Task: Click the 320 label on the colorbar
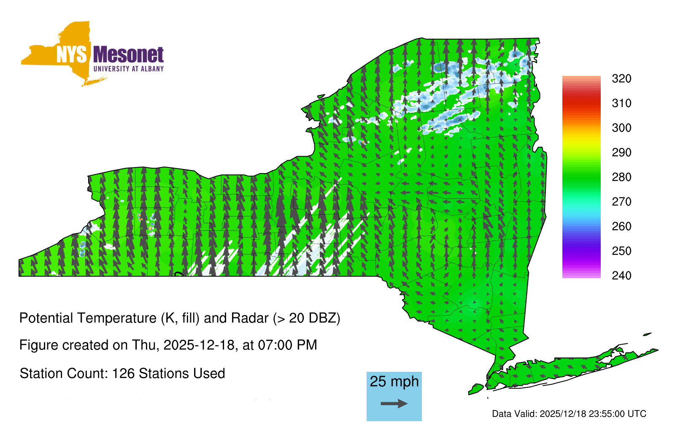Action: pyautogui.click(x=621, y=78)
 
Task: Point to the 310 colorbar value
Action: pyautogui.click(x=621, y=103)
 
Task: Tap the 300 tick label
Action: pyautogui.click(x=621, y=128)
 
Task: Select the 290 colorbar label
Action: pyautogui.click(x=621, y=152)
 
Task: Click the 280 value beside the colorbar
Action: pyautogui.click(x=621, y=177)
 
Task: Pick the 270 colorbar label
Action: pyautogui.click(x=621, y=202)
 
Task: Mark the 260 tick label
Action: pyautogui.click(x=621, y=226)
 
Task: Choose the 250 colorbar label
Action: pyautogui.click(x=621, y=251)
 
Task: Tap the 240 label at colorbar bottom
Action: pyautogui.click(x=621, y=276)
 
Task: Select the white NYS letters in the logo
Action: pyautogui.click(x=71, y=55)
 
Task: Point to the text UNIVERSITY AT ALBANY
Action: pyautogui.click(x=129, y=69)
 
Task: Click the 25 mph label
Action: pyautogui.click(x=394, y=381)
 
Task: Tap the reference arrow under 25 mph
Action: pyautogui.click(x=394, y=403)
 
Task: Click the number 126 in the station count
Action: pyautogui.click(x=123, y=373)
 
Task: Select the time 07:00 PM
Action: pyautogui.click(x=287, y=345)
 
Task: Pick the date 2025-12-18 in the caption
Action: pyautogui.click(x=199, y=345)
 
